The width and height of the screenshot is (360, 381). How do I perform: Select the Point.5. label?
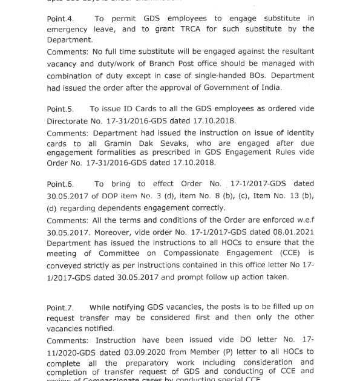tap(61, 109)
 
